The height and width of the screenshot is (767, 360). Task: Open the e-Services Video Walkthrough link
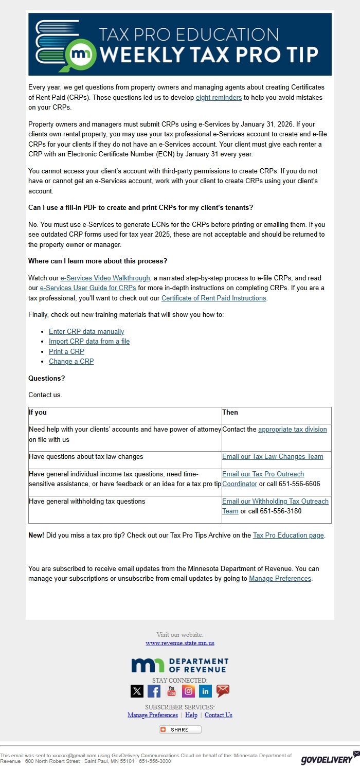pyautogui.click(x=105, y=278)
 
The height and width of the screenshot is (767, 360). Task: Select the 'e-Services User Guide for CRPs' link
pyautogui.click(x=88, y=288)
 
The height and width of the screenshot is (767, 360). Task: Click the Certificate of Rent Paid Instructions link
pyautogui.click(x=214, y=298)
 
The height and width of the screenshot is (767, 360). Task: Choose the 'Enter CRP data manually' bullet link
pyautogui.click(x=86, y=331)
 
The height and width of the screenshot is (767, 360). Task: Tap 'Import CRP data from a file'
pyautogui.click(x=89, y=341)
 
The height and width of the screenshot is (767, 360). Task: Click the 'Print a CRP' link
pyautogui.click(x=66, y=351)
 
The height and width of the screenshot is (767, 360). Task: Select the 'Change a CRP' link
pyautogui.click(x=71, y=361)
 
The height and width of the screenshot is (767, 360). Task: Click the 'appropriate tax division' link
pyautogui.click(x=292, y=429)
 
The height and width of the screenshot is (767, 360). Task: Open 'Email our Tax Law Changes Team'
pyautogui.click(x=273, y=456)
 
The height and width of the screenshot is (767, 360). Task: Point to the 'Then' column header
pyautogui.click(x=230, y=412)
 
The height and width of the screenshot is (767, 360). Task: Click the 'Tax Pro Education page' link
pyautogui.click(x=288, y=535)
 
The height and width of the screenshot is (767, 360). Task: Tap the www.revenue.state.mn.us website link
pyautogui.click(x=180, y=643)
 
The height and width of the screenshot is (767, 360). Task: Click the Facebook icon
pyautogui.click(x=154, y=691)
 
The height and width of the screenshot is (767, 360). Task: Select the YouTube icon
pyautogui.click(x=171, y=691)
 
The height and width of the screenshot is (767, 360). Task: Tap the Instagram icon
pyautogui.click(x=189, y=691)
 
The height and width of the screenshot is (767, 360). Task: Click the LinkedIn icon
pyautogui.click(x=206, y=691)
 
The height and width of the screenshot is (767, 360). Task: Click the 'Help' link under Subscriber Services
pyautogui.click(x=191, y=715)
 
